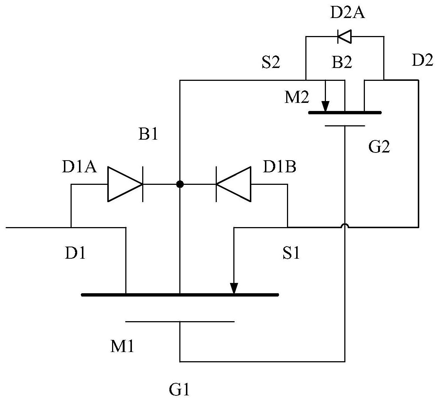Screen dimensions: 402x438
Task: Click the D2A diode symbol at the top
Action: click(344, 36)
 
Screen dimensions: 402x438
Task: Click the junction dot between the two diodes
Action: click(180, 184)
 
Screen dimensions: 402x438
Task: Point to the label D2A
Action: click(347, 14)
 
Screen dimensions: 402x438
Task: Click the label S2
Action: click(271, 63)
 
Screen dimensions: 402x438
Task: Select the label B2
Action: click(342, 63)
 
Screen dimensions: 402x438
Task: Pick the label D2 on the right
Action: click(422, 61)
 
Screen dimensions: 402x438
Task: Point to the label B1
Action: click(148, 135)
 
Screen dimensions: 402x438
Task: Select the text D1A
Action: click(79, 168)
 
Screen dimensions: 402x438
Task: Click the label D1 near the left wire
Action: click(75, 254)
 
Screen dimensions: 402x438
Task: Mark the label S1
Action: click(291, 254)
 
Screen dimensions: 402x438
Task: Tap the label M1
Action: click(122, 347)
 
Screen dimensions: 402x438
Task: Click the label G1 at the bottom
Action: click(179, 390)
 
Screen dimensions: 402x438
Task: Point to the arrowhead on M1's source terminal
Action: click(234, 288)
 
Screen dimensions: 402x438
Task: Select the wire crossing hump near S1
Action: click(345, 225)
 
